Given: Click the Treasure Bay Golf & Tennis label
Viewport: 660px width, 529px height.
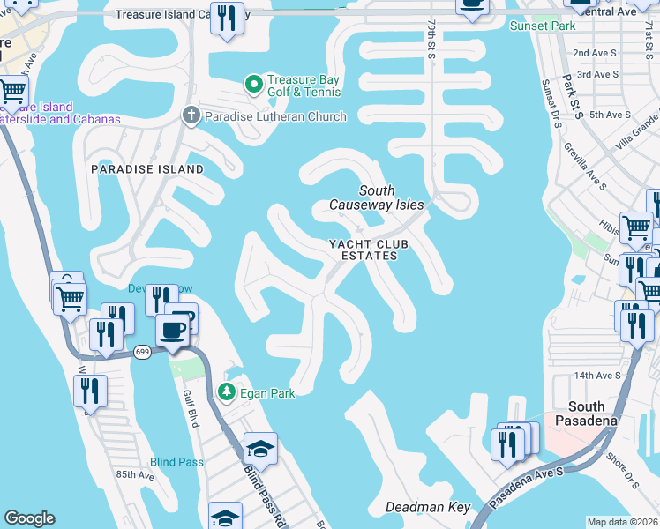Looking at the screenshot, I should tap(304, 85).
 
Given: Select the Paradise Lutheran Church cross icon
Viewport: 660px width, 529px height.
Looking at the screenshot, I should tap(190, 115).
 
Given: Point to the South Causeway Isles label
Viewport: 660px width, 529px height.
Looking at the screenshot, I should tap(377, 197).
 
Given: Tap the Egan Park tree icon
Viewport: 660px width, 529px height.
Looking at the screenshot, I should tap(227, 391).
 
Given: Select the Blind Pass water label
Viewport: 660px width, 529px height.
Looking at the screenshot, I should tap(176, 462).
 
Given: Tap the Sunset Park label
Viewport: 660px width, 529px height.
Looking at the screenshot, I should tap(543, 26).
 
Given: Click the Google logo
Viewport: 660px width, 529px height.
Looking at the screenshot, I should tap(29, 518).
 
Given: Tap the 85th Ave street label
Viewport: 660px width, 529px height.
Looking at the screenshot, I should tap(134, 475).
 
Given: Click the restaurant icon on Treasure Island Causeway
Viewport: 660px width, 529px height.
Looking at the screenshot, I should tap(227, 19).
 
